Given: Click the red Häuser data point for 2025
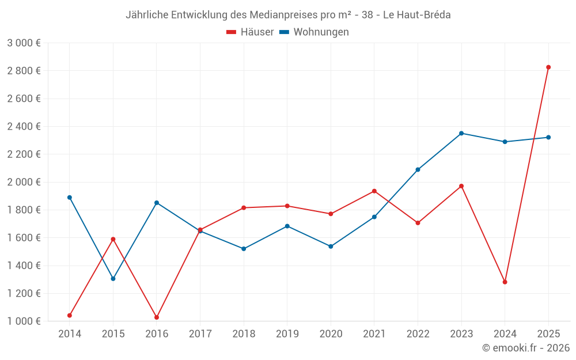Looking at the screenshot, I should point(548,67).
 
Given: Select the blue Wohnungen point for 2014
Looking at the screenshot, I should point(70,198).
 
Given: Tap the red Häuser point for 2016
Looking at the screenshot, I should point(157,317).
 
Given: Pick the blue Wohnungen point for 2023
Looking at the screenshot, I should point(461,134).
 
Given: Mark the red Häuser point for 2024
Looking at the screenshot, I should point(505,282).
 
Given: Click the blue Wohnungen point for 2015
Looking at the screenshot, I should point(113,279).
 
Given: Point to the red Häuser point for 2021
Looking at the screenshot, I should point(374,191).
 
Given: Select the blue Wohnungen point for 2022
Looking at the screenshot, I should point(418,170).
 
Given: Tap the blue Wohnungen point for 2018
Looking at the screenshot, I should point(244,249).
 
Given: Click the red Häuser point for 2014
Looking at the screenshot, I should point(70,316).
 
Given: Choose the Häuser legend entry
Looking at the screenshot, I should point(251,32).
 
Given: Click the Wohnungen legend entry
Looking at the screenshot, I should point(314,32).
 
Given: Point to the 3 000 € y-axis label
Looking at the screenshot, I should point(24,43).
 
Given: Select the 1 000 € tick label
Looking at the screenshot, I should point(24,321).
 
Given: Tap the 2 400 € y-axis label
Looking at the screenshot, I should point(24,127).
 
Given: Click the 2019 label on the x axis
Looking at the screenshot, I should point(287,334).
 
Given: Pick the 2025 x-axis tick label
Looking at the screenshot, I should point(548,334).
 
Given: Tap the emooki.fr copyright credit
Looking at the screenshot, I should point(526,348).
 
